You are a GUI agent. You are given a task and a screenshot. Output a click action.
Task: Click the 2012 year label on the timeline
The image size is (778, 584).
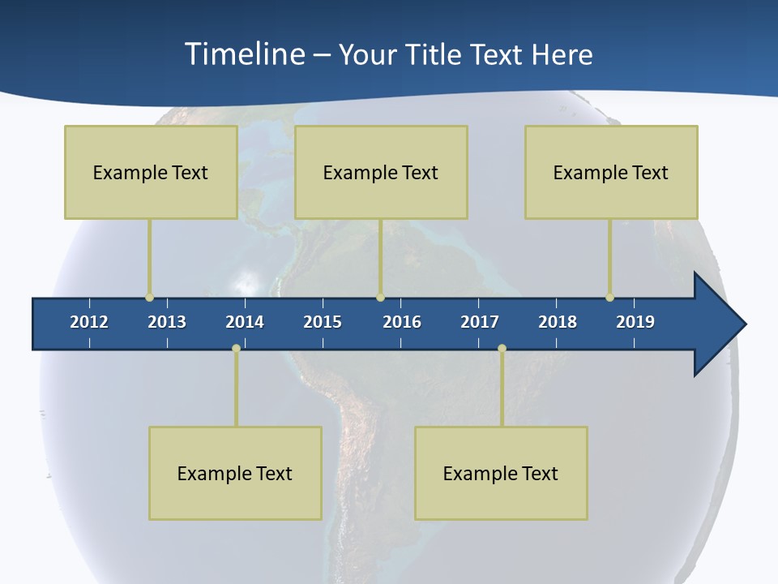[89, 322]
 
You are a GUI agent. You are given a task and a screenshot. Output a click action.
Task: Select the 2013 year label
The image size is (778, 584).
[167, 322]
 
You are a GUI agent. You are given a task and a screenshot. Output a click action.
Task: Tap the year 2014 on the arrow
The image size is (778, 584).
[245, 322]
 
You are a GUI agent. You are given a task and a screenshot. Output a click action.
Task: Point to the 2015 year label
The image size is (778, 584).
[323, 322]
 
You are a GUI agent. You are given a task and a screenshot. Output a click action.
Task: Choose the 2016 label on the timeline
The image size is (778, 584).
[402, 322]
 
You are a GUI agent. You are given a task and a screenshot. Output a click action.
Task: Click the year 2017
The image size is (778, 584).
[480, 322]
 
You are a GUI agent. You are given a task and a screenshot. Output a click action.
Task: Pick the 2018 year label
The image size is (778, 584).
[558, 322]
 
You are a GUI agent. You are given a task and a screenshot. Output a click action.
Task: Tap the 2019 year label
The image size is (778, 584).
[635, 322]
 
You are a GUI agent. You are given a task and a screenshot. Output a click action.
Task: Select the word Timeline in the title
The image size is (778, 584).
[245, 54]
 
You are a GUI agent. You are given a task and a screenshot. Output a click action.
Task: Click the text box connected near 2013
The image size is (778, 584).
[151, 172]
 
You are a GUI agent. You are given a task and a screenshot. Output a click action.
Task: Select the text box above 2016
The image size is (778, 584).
[381, 172]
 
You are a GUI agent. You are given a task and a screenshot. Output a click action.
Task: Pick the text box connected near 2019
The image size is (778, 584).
[611, 172]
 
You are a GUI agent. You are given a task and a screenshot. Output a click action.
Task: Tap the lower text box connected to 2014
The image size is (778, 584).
[235, 473]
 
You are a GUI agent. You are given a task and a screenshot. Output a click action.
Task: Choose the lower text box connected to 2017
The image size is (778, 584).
[501, 473]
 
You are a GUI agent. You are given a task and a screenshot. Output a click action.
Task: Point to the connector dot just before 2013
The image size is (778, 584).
[149, 298]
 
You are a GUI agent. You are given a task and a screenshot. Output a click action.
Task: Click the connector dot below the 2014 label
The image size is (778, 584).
[236, 348]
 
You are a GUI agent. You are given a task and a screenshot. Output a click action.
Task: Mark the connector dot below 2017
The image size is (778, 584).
[502, 348]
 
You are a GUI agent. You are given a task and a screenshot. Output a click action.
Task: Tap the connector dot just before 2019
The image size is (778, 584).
[609, 298]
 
